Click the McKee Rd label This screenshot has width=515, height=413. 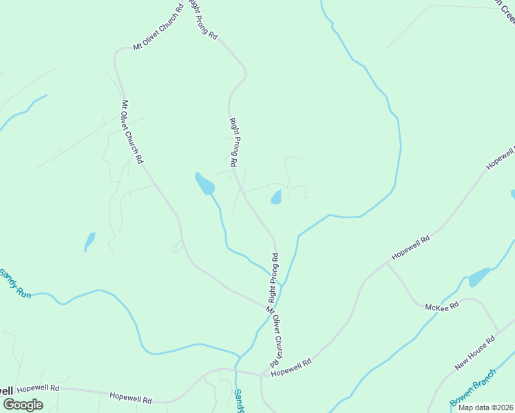point(442,306)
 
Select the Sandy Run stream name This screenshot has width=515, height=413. point(15,284)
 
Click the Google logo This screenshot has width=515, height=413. point(23,405)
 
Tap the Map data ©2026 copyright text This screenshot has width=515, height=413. point(485,407)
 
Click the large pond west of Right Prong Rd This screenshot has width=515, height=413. point(204,184)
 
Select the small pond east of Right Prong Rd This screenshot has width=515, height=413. point(277,198)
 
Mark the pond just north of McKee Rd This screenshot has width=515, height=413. point(479,277)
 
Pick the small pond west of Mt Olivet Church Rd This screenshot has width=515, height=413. point(90,240)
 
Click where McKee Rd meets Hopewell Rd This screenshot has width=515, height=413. point(386,263)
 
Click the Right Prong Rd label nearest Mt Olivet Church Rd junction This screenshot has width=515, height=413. point(274,278)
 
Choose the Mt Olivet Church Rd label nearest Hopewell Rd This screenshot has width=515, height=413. point(273,337)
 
